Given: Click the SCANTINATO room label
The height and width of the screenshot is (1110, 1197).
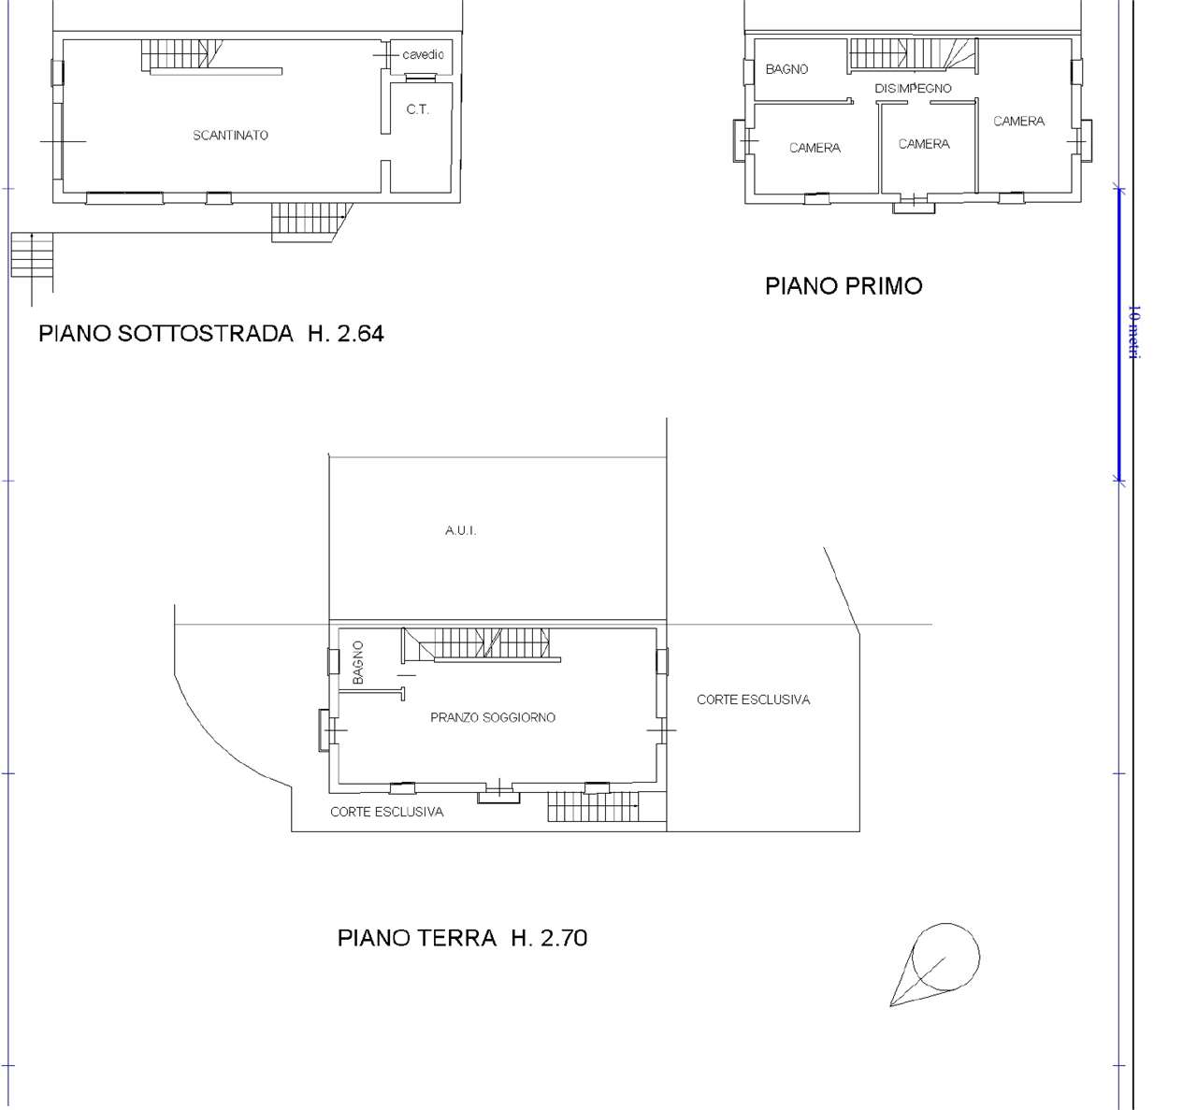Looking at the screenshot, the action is pyautogui.click(x=230, y=136).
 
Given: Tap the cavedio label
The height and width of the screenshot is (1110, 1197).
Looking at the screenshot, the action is pyautogui.click(x=423, y=55).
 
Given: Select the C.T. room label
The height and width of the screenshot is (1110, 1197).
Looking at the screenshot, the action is pyautogui.click(x=417, y=109).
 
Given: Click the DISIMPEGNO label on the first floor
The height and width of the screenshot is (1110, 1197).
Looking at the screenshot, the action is pyautogui.click(x=913, y=89).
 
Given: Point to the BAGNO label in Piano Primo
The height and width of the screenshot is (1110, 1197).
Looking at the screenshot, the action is pyautogui.click(x=786, y=69).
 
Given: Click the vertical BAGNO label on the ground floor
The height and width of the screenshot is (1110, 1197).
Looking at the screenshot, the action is pyautogui.click(x=358, y=663).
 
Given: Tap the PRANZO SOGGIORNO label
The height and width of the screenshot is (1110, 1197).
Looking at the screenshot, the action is pyautogui.click(x=493, y=717).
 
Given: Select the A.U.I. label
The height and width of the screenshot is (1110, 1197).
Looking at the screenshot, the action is pyautogui.click(x=460, y=530).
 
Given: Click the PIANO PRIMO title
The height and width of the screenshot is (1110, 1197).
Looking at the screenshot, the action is pyautogui.click(x=844, y=286).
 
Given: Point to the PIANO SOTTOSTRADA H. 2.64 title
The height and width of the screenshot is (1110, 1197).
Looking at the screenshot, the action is pyautogui.click(x=211, y=334).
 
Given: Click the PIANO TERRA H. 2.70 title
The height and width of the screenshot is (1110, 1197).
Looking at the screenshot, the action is pyautogui.click(x=462, y=938).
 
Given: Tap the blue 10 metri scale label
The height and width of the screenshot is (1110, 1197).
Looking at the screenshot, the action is pyautogui.click(x=1134, y=332).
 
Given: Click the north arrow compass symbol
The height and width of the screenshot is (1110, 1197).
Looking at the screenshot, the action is pyautogui.click(x=935, y=965).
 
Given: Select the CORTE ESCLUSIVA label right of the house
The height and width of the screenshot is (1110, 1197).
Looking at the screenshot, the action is pyautogui.click(x=754, y=700).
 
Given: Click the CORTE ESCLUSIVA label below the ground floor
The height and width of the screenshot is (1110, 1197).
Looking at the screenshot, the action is pyautogui.click(x=387, y=812).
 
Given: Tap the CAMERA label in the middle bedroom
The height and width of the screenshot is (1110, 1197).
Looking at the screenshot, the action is pyautogui.click(x=924, y=144).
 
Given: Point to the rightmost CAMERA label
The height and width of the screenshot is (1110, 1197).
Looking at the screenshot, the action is pyautogui.click(x=1018, y=122).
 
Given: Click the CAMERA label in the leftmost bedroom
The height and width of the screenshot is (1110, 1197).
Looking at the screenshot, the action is pyautogui.click(x=815, y=149).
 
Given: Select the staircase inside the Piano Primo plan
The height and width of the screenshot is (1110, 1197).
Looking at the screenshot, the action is pyautogui.click(x=913, y=53).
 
